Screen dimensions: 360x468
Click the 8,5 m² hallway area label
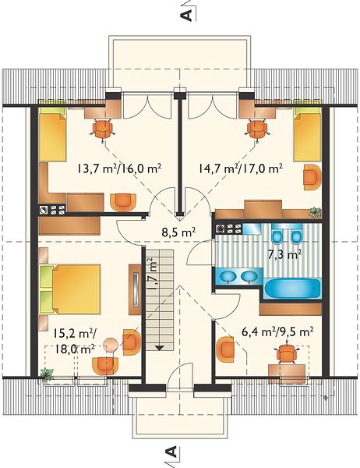click(x=178, y=232)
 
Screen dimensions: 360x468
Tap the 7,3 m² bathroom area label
click(x=283, y=254)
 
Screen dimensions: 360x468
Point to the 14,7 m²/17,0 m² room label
click(x=241, y=168)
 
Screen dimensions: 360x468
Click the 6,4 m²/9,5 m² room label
click(x=277, y=331)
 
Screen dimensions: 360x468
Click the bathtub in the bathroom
click(x=292, y=289)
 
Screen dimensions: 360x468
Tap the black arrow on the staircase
click(x=160, y=348)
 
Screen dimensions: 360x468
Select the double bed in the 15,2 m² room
click(x=70, y=289)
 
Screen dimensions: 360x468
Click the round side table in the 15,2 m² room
click(x=111, y=345)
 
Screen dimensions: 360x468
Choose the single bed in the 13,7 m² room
click(x=52, y=135)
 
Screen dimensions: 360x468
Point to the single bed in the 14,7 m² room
click(x=308, y=135)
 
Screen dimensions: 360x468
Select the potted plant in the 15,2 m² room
click(x=47, y=375)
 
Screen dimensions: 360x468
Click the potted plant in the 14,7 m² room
click(x=315, y=212)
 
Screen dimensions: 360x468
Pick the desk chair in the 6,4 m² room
click(x=287, y=354)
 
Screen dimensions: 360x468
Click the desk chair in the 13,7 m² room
click(x=103, y=129)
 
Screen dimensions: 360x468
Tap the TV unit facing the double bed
click(x=135, y=289)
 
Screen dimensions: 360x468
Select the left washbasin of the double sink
click(x=228, y=276)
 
